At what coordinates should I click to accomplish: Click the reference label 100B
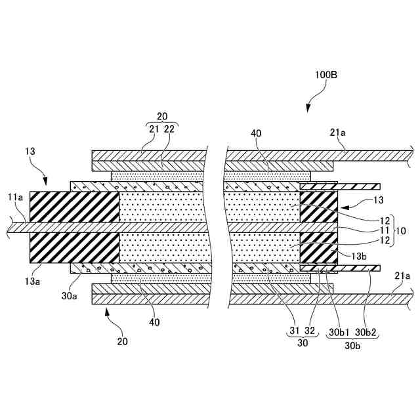tap(326, 75)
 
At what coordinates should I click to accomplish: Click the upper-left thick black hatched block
tap(74, 206)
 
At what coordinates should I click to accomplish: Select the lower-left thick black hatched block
tap(74, 247)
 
